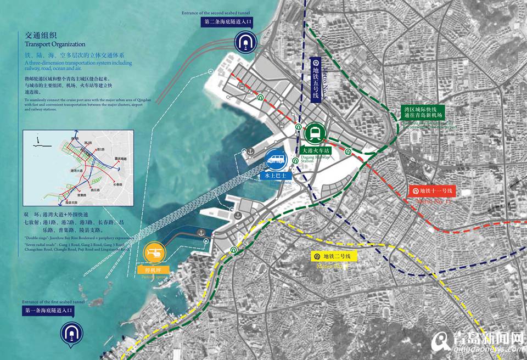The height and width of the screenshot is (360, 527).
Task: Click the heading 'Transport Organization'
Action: tap(55, 44)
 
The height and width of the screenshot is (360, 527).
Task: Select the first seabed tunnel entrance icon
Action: tap(70, 331)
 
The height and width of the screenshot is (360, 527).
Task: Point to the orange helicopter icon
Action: tap(155, 254)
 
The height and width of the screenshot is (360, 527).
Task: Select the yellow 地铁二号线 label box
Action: tap(334, 256)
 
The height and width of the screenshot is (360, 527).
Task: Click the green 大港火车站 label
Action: tap(315, 149)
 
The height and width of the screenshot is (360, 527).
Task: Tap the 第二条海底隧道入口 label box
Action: tap(227, 22)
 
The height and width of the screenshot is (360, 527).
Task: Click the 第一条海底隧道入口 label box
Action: tap(48, 311)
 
